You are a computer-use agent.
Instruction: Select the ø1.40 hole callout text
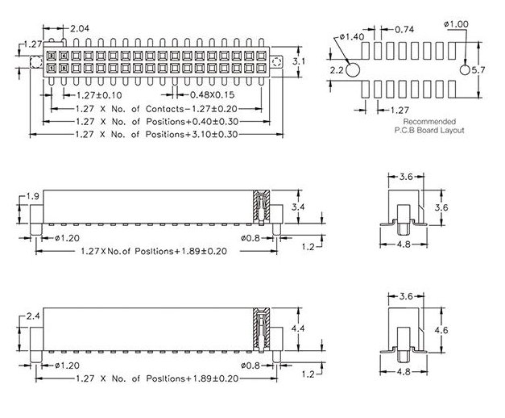(x=352, y=37)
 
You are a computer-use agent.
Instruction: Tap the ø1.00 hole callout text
(x=456, y=25)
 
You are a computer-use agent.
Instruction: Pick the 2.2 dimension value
(x=337, y=71)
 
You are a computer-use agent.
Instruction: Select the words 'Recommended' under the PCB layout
(x=429, y=122)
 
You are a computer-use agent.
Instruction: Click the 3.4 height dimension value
(x=298, y=207)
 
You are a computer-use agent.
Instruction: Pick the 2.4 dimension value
(x=33, y=316)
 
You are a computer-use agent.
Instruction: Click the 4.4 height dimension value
(x=298, y=329)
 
